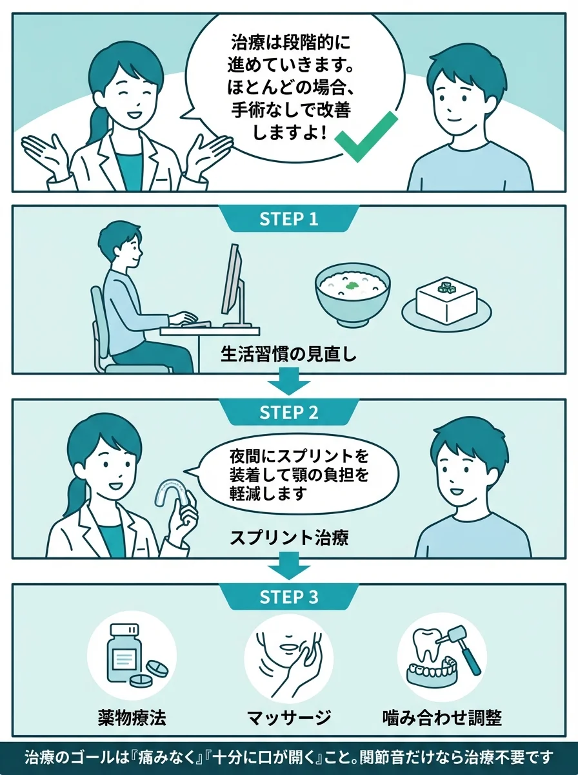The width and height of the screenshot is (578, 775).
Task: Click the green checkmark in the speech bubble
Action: pyautogui.click(x=366, y=136)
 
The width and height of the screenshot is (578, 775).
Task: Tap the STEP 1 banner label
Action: pyautogui.click(x=289, y=219)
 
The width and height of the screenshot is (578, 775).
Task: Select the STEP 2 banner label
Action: pyautogui.click(x=289, y=413)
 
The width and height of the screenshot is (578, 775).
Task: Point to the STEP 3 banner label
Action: pyautogui.click(x=289, y=597)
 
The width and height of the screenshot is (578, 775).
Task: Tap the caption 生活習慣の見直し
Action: pyautogui.click(x=288, y=355)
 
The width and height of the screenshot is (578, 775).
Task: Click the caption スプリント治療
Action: pyautogui.click(x=289, y=538)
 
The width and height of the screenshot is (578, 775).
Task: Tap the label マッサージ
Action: pyautogui.click(x=288, y=717)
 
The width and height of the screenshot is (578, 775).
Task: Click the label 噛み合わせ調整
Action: pyautogui.click(x=442, y=717)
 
